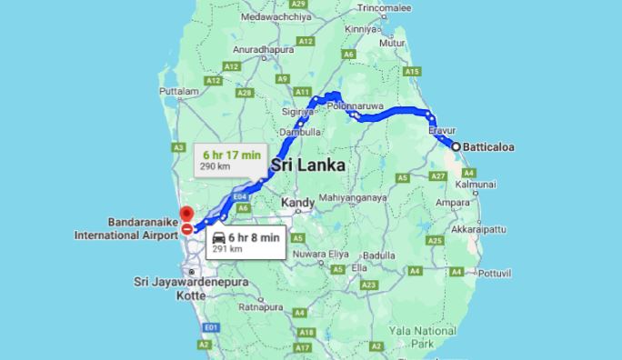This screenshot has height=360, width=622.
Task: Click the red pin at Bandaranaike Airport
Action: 186,215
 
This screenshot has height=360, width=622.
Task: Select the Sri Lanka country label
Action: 308,165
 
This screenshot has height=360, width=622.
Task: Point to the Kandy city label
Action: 298,202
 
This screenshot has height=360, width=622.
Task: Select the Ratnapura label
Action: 261,307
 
